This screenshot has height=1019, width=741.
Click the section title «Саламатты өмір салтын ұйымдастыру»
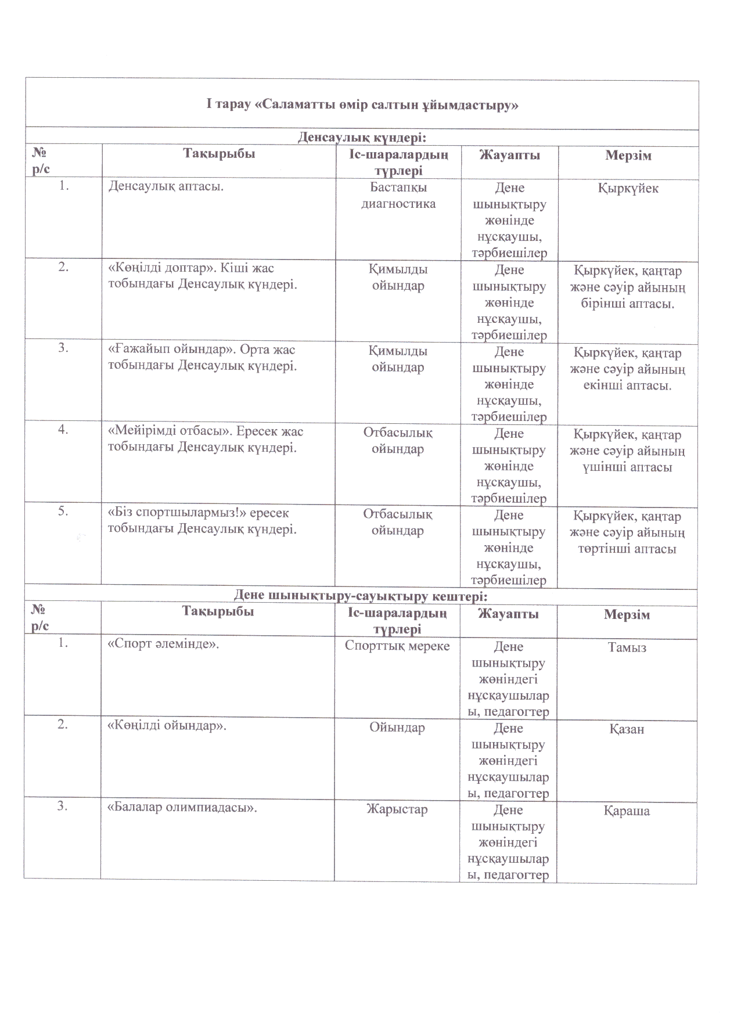coord(362,105)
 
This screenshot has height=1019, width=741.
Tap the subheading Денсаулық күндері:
coord(362,137)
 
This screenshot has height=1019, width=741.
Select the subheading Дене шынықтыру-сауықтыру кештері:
coord(360,596)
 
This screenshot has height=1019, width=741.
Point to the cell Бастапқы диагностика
coord(398,196)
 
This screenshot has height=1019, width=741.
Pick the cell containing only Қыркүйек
coord(628,189)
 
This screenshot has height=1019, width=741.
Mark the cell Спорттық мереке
coord(397,646)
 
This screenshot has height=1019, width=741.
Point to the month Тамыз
coord(627,647)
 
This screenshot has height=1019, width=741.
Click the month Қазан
coord(627,729)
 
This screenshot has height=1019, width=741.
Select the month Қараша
coord(627,811)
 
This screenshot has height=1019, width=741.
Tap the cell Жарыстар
coord(397,809)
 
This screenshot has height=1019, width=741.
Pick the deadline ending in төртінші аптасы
coord(627,532)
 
